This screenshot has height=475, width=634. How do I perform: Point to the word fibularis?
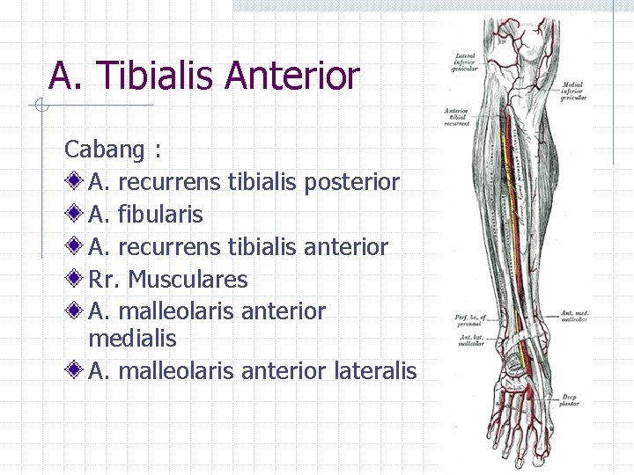click(159, 215)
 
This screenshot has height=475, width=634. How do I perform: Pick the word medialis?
click(132, 339)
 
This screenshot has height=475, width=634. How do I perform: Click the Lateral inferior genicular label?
click(465, 62)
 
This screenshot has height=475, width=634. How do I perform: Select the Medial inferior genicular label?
click(574, 91)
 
